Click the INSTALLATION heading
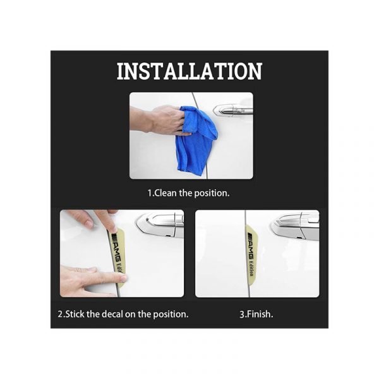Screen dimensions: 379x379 [x=189, y=71]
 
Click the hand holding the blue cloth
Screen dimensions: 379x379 [x=160, y=120]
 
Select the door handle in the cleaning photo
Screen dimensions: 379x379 [x=232, y=111]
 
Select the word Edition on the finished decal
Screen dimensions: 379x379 [x=251, y=269]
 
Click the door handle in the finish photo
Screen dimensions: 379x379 [x=295, y=226]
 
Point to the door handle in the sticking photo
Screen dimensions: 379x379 [x=160, y=226]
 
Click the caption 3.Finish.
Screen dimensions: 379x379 [x=256, y=314]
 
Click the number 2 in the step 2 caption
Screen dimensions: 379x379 [x=60, y=314]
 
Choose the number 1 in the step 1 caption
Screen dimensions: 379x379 [x=150, y=193]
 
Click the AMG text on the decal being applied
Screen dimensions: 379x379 [x=116, y=251]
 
